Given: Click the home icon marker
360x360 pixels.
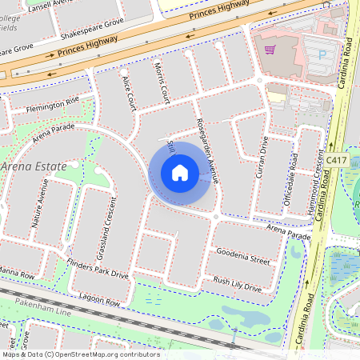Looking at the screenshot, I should (180, 173).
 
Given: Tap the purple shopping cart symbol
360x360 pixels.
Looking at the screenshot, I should (270, 50).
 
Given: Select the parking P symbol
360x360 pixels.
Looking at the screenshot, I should (323, 55).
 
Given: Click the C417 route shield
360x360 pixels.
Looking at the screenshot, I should (337, 138).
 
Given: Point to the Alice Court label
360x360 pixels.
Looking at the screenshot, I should (129, 94).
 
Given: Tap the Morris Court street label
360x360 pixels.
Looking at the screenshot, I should (162, 82).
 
